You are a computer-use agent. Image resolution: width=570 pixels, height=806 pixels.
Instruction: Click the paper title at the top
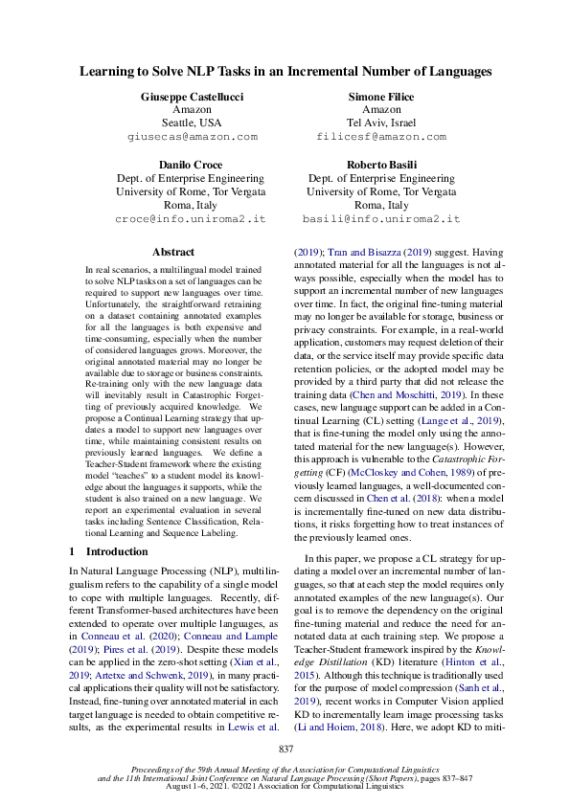pos(285,71)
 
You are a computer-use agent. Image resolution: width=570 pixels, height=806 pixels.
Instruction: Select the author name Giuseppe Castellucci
pos(192,97)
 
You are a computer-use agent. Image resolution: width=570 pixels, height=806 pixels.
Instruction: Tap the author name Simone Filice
pos(381,97)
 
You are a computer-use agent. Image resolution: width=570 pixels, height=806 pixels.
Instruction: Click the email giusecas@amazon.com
pos(192,137)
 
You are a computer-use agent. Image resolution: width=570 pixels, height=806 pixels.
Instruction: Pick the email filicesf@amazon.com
pos(381,137)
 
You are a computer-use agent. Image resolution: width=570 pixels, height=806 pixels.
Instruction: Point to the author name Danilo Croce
pos(192,165)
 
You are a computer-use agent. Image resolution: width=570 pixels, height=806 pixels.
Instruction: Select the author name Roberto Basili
pos(381,165)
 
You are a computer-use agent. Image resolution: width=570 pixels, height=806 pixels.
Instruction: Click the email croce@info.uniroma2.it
pos(192,218)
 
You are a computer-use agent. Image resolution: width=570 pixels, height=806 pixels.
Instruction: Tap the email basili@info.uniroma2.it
pos(381,218)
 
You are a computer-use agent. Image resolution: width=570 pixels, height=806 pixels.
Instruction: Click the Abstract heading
pos(173,253)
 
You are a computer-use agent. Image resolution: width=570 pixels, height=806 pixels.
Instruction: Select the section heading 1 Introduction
pos(105,551)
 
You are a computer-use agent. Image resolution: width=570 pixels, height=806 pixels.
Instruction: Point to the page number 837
pos(285,748)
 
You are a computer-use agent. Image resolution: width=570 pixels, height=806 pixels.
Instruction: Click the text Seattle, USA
pos(192,123)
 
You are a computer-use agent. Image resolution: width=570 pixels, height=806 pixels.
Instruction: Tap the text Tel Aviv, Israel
pos(381,123)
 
